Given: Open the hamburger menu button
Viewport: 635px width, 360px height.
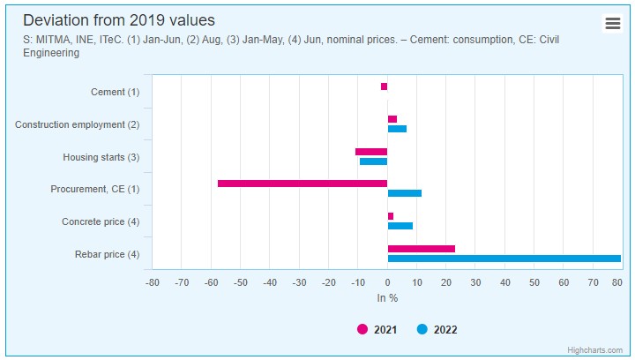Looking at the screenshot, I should pos(613,24).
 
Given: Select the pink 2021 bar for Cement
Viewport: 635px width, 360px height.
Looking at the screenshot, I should pos(384,86).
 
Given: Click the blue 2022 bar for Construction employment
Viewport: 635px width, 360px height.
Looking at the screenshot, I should pos(397,129).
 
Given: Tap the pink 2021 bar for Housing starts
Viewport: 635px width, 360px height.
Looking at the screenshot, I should pos(371,152).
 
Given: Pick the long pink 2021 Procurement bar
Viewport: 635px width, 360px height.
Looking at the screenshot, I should pos(303,184).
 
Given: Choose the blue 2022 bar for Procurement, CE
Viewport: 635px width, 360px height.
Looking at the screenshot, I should pos(405,193).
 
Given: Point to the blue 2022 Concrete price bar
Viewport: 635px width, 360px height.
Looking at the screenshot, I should pos(400,226).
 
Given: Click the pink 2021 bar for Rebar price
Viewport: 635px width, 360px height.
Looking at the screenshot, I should pos(422,249).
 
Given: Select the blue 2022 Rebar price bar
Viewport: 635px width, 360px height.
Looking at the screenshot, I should pos(504,259).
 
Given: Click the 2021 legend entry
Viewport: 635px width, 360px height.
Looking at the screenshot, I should pos(377,330).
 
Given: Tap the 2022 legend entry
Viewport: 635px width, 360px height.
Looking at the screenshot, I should pos(437,330).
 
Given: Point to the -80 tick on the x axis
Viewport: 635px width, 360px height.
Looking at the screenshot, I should pos(153,282).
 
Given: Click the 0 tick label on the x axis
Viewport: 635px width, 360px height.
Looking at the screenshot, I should pos(387,282).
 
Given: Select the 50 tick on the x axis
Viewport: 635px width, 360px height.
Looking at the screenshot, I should pos(534,282).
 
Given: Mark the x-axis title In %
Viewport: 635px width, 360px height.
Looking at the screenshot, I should pos(387,298).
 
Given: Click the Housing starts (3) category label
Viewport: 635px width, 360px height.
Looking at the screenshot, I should pos(101,157).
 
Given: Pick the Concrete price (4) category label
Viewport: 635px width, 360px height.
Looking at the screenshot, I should pos(101,221).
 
